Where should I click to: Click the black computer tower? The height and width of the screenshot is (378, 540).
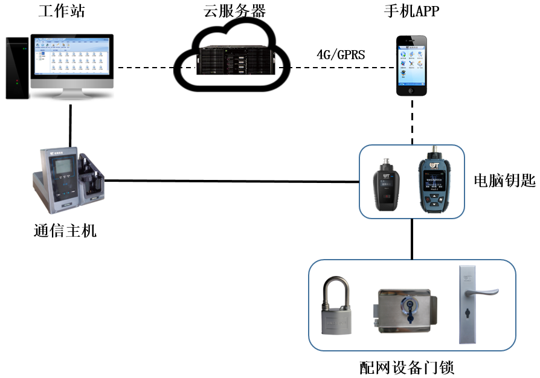[x=18, y=68]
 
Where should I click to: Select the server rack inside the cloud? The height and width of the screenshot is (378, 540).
[x=233, y=63]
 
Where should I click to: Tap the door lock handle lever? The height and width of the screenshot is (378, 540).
[x=483, y=293]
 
